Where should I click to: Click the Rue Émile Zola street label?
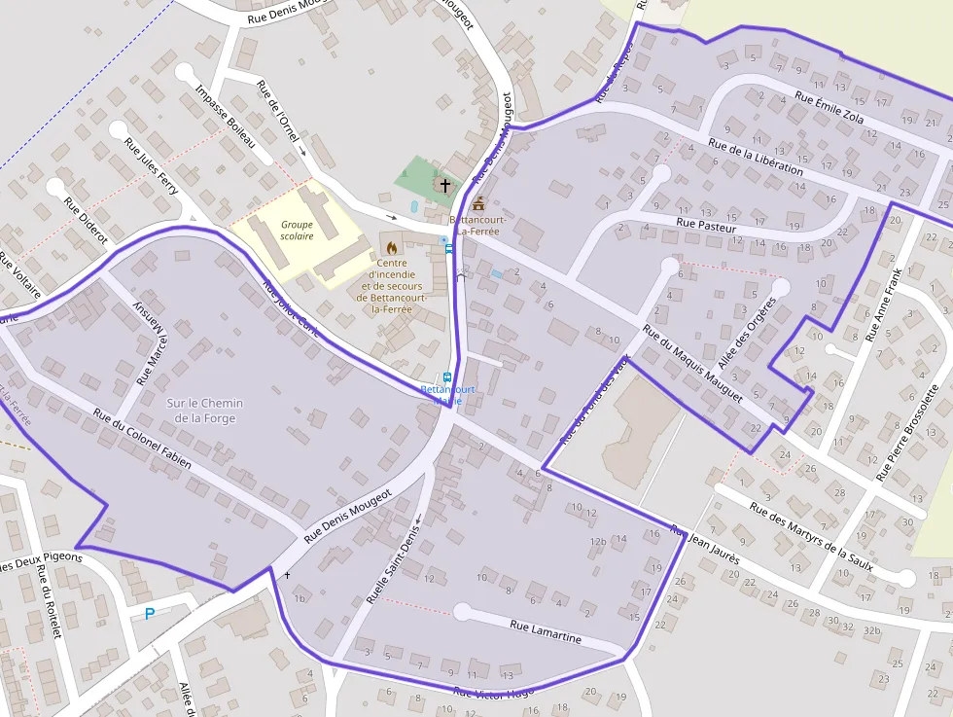pos(829,107)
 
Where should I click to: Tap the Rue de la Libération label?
pos(756,157)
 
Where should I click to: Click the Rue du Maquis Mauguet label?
pos(692,364)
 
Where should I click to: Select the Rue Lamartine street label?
pos(546,632)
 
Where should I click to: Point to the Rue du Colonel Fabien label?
pos(142,439)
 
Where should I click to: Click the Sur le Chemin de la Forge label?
pos(204,411)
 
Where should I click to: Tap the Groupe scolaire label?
pos(297,230)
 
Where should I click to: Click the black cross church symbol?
pos(445,184)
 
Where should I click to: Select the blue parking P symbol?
pos(149,614)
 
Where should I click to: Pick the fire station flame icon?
pos(392,248)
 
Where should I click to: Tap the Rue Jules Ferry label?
pos(152,166)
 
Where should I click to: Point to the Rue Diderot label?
pos(86,222)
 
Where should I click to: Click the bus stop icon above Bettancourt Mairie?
pos(447,377)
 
